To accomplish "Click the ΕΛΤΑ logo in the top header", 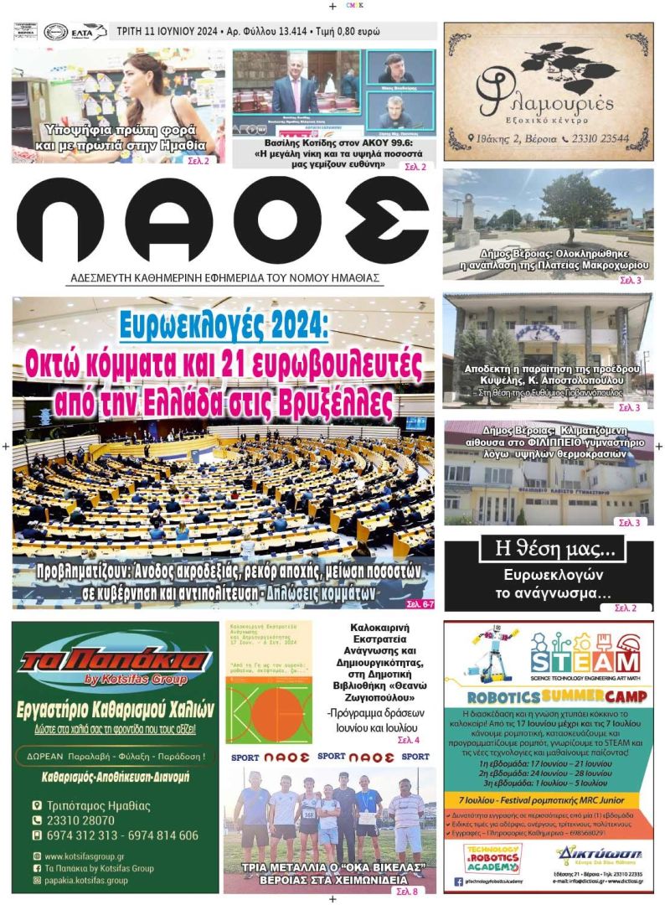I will (88, 32).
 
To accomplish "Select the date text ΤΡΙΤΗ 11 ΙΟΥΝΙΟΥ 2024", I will (167, 32).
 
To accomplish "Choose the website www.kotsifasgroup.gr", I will (85, 856).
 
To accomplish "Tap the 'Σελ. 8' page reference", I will (406, 892).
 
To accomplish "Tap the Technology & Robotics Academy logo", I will (492, 856).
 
